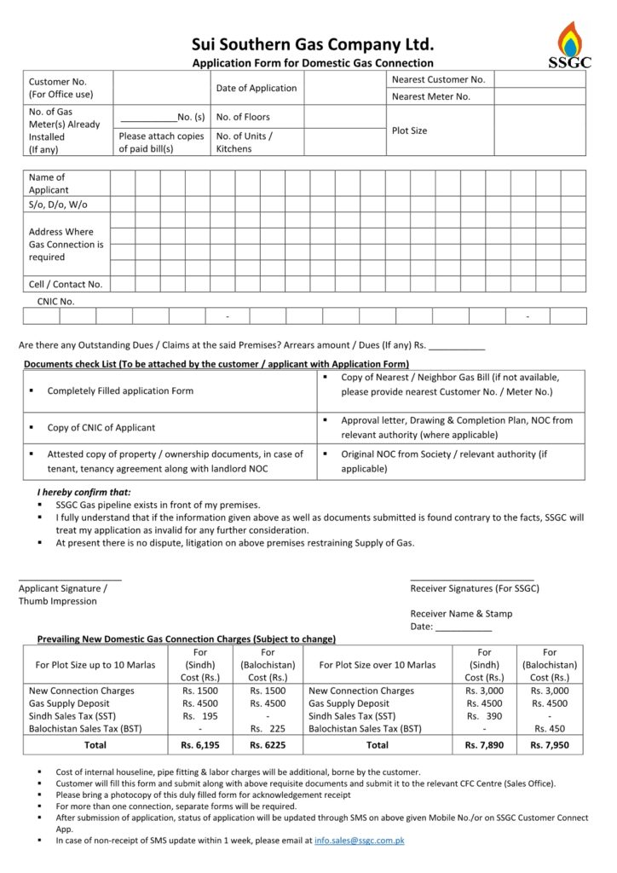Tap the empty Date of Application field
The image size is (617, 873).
coord(339,88)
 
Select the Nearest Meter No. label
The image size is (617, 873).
coord(430,96)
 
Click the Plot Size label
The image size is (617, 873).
coord(409,130)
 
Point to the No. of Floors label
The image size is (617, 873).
coord(243,117)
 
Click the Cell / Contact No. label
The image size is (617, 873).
coord(66,284)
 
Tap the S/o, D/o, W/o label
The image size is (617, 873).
coord(58,205)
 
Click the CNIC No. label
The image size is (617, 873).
coord(55,301)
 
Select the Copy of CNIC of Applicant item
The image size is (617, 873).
coord(101,427)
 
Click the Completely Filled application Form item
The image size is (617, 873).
coord(120,390)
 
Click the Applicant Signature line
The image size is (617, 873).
coord(70,580)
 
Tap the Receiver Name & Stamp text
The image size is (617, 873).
coord(461,613)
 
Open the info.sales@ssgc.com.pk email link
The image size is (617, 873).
coord(359,841)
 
